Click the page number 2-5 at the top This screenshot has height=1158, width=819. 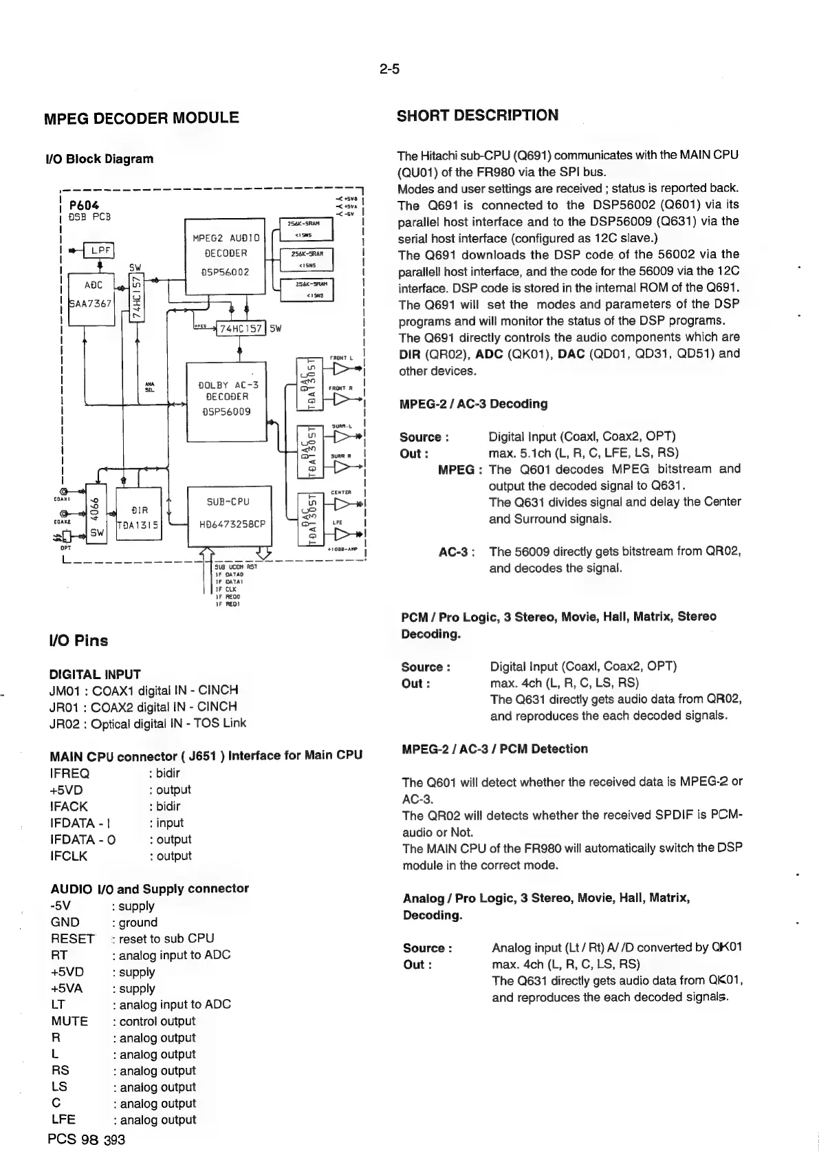click(389, 69)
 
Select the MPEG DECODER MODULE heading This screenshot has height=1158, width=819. click(142, 118)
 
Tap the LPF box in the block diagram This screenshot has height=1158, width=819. click(100, 250)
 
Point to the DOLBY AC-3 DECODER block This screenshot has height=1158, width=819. click(227, 399)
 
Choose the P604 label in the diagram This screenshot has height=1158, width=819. click(83, 205)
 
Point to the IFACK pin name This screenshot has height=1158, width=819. click(69, 806)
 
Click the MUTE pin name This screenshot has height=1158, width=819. click(69, 1021)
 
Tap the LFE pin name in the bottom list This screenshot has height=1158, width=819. click(63, 1119)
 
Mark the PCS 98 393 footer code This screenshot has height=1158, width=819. click(87, 1140)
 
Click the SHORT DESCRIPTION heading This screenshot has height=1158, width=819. click(477, 115)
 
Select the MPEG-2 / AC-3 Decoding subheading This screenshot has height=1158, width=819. click(473, 403)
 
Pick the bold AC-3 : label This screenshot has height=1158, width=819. click(454, 552)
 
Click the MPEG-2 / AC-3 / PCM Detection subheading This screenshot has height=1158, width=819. click(494, 749)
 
